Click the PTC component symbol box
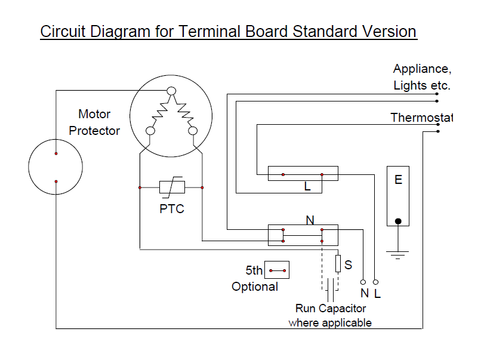coord(172,187)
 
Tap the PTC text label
coord(172,210)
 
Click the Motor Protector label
coord(95,122)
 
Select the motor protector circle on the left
coord(56,167)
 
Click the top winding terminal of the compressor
coord(171,91)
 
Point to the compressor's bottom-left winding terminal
coord(150,131)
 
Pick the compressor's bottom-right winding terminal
coord(192,131)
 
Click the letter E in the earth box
coord(398,179)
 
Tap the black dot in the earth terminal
coord(398,221)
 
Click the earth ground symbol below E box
coord(398,255)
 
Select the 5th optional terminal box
coord(277,270)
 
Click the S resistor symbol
coord(338,263)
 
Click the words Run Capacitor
coord(331,309)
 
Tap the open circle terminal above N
coord(363,281)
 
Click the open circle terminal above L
coord(376,281)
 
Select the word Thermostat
coord(421,118)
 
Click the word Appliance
coord(418,69)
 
